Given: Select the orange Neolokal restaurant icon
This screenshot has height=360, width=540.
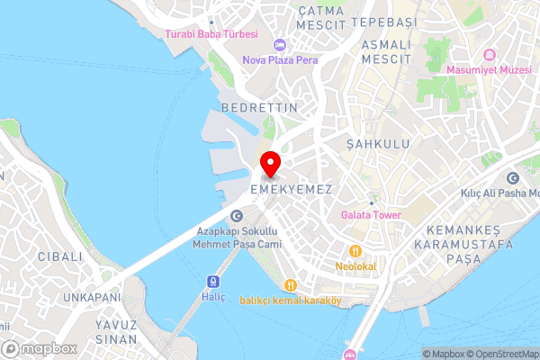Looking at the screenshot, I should point(356,250).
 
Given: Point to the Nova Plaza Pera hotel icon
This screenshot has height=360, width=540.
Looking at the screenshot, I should point(279,45).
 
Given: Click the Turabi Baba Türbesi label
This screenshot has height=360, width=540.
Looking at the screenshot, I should point(211,34).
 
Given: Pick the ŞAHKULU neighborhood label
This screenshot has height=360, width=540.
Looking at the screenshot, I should point(377,144).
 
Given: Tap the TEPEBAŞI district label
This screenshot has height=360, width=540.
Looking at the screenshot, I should point(385,20).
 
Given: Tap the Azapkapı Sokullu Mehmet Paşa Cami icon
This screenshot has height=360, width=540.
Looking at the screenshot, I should point(236,215).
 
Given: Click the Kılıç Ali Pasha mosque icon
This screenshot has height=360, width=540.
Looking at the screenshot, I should point(513,177).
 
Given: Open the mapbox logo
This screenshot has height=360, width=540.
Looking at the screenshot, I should point(40,348).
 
